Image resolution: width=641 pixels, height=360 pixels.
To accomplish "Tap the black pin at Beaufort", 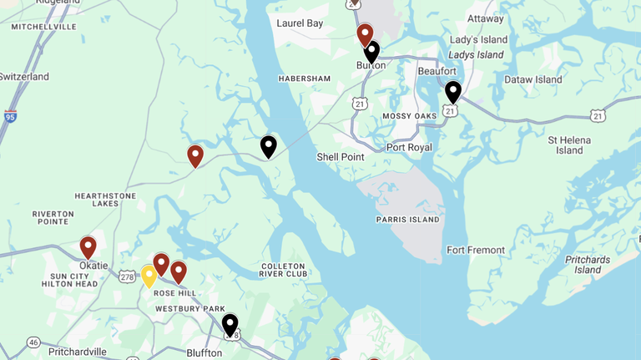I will (x=452, y=91).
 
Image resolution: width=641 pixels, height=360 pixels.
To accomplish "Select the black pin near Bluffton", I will (x=230, y=324).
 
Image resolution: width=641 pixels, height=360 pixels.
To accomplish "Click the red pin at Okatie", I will (x=88, y=247).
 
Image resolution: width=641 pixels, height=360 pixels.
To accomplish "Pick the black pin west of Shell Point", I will (x=268, y=146).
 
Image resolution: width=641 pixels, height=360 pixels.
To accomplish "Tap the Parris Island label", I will (x=407, y=220).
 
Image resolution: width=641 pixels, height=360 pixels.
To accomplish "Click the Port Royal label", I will (x=409, y=148).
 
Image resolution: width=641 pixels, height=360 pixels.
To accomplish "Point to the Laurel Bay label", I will (x=300, y=23).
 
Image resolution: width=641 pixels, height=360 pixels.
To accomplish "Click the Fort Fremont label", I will (x=476, y=250).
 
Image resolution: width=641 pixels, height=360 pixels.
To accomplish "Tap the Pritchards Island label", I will (x=588, y=265).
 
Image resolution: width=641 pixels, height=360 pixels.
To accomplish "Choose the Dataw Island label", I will (x=533, y=79).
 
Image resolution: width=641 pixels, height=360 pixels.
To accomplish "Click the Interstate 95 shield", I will (x=10, y=116).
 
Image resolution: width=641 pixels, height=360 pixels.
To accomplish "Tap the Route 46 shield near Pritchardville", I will (x=33, y=342).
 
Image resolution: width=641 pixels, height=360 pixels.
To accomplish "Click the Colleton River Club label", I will (x=283, y=270).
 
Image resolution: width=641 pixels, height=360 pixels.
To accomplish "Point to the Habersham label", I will (x=305, y=79).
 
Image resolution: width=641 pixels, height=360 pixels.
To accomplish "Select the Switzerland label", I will (x=24, y=77).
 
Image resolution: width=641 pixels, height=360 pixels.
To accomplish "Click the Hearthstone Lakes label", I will (x=105, y=200).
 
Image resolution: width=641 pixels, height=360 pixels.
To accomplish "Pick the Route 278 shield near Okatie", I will (x=127, y=276).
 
